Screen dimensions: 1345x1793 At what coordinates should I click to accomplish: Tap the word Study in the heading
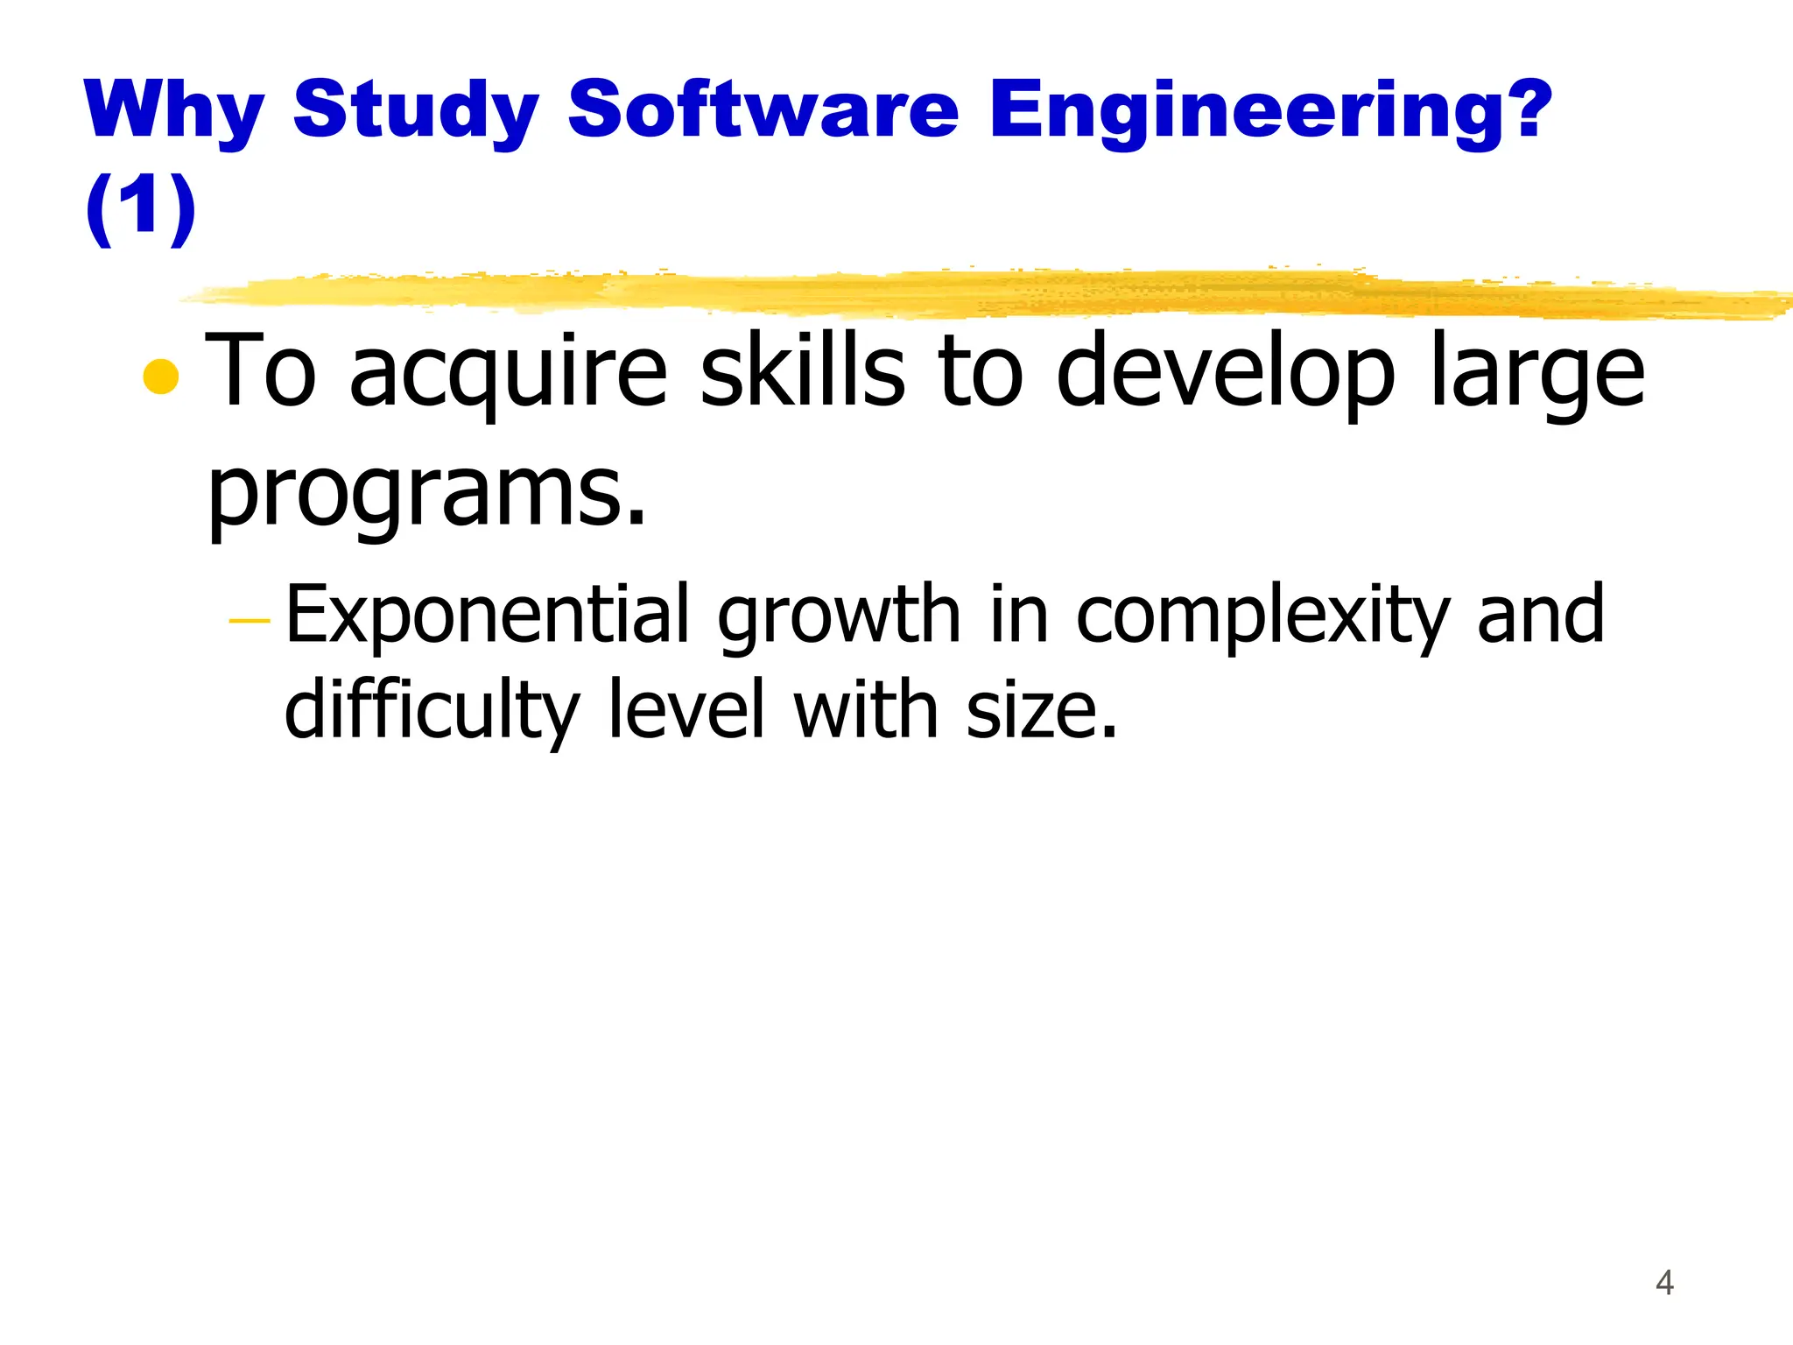point(415,111)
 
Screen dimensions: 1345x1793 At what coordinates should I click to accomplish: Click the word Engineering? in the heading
point(1271,111)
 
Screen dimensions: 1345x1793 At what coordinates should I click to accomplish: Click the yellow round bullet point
point(161,377)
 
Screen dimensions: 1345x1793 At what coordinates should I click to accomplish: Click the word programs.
point(426,494)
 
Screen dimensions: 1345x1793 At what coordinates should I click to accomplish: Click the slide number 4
point(1664,1283)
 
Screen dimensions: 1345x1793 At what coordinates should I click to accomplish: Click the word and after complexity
point(1541,614)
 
